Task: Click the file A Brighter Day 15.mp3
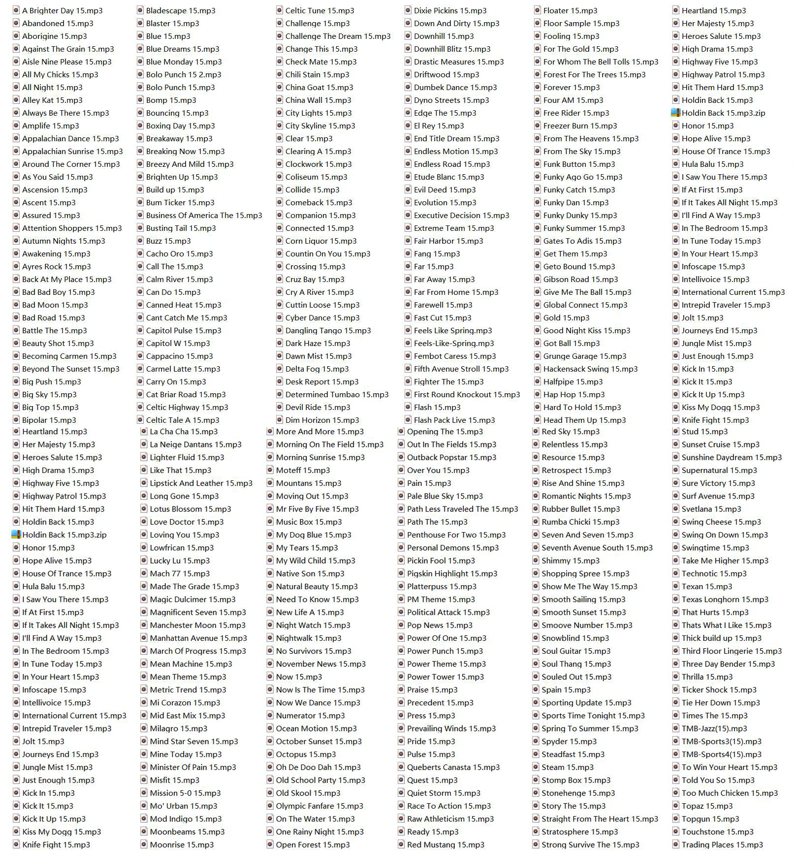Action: click(62, 10)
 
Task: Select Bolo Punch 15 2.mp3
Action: click(183, 74)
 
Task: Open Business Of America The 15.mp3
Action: click(204, 215)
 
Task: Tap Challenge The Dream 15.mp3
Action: click(338, 36)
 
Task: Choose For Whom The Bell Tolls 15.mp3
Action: click(601, 62)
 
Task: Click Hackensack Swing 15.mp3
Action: click(590, 369)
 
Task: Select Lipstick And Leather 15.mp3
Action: click(201, 483)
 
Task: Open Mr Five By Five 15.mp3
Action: click(317, 509)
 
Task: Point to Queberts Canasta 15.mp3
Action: click(453, 767)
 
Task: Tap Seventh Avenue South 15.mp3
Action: click(597, 547)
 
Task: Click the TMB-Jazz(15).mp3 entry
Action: click(714, 728)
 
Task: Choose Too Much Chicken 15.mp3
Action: click(730, 793)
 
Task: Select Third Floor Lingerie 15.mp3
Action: click(731, 651)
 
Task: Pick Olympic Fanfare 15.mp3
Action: click(319, 806)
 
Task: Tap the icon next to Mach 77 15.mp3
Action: click(144, 573)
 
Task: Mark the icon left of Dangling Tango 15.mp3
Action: click(279, 330)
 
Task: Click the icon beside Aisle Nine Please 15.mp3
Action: click(16, 62)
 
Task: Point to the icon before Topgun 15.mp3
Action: click(675, 819)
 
